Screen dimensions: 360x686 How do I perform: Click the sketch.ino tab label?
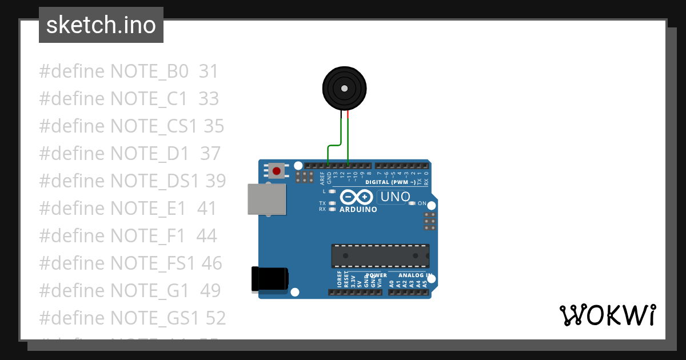pos(101,25)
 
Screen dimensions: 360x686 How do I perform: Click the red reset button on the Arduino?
pos(277,170)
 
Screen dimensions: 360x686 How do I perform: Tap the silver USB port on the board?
pos(266,199)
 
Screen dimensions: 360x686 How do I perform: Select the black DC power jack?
pos(270,279)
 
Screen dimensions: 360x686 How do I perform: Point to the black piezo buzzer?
pos(344,89)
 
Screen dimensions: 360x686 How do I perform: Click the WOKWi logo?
pos(607,315)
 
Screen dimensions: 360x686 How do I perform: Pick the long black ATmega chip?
pos(380,255)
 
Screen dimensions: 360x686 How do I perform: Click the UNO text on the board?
pos(393,197)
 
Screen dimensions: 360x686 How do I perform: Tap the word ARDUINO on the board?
pos(358,210)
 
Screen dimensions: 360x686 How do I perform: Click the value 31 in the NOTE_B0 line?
pos(209,71)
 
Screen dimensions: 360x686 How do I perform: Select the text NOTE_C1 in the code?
pos(149,99)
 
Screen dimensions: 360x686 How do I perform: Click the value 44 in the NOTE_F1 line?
pos(206,235)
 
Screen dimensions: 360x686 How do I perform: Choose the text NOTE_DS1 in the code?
pos(154,181)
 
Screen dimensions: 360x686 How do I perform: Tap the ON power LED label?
pos(422,203)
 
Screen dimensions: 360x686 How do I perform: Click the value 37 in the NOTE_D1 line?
pos(210,153)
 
